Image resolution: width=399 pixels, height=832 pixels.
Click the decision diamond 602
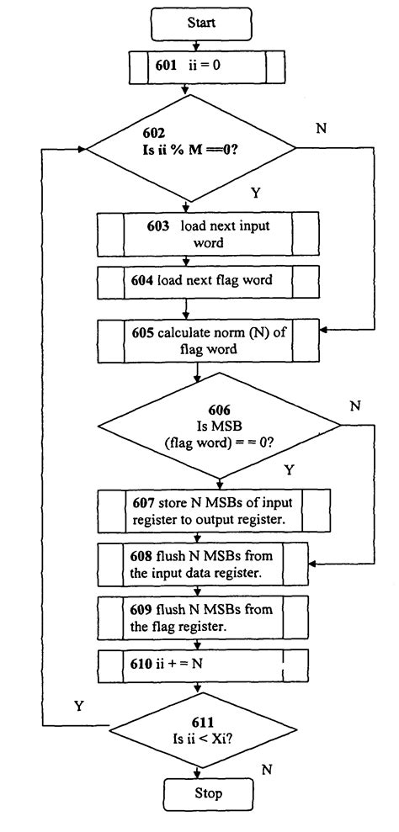pos(191,148)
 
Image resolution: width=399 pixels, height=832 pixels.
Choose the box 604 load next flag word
pos(208,280)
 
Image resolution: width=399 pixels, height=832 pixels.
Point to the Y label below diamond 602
pos(255,193)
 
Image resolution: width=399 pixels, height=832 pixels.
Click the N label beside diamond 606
pos(354,405)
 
